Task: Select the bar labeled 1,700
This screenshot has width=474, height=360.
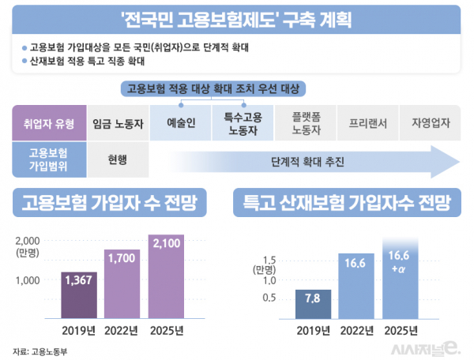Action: tap(122, 282)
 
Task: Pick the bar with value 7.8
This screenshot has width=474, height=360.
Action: tap(313, 304)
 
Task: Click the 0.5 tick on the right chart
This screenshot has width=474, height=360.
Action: tap(270, 298)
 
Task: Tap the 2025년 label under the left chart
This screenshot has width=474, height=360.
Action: tap(166, 329)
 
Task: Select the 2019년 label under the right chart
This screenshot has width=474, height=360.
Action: tap(314, 329)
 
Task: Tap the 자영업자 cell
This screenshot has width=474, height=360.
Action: tap(431, 123)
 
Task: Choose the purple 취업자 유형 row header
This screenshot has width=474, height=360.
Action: tap(47, 123)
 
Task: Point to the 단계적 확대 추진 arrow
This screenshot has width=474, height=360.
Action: tap(308, 163)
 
